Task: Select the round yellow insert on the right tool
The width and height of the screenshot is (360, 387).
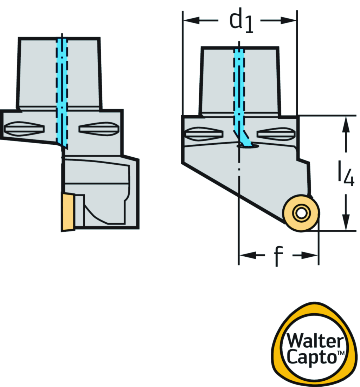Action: point(301,213)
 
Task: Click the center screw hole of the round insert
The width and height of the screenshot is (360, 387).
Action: point(301,213)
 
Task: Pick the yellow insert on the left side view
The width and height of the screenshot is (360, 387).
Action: point(68,212)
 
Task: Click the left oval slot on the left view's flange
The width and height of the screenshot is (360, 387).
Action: point(24,129)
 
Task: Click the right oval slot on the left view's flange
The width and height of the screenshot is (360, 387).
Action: point(98,129)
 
